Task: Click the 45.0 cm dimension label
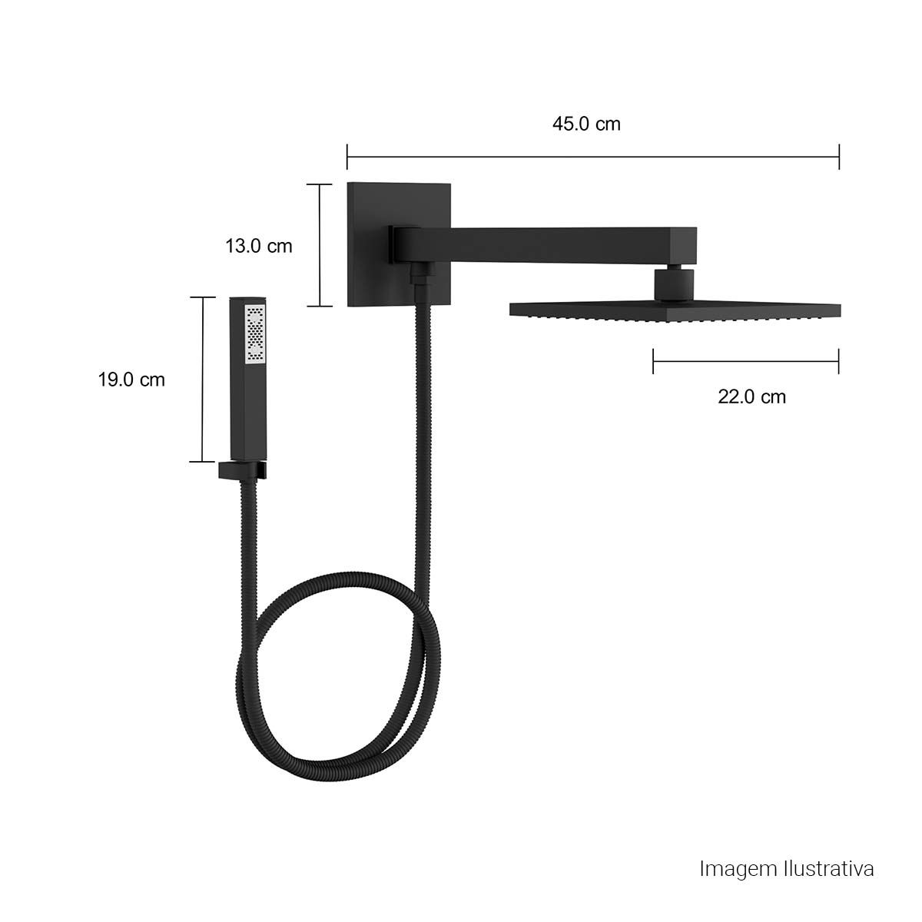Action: [586, 124]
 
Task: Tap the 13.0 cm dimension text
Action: [258, 246]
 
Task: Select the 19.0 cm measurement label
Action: [131, 380]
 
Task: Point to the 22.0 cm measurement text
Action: [751, 396]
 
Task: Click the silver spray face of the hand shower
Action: [255, 333]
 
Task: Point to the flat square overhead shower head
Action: [675, 311]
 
